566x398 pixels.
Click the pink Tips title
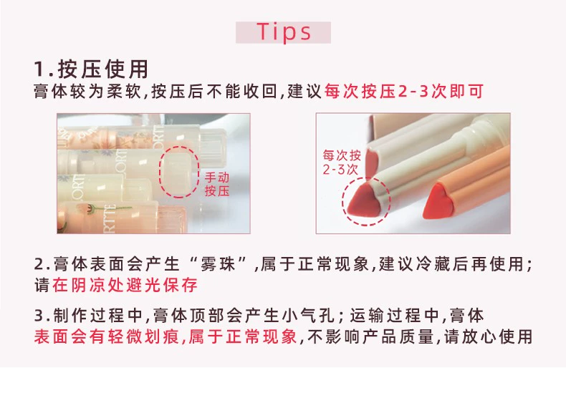click(x=284, y=31)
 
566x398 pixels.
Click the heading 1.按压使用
click(x=91, y=69)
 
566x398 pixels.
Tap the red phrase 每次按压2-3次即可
click(x=404, y=91)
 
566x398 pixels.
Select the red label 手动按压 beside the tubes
click(x=217, y=184)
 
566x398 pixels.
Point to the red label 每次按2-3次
click(x=342, y=162)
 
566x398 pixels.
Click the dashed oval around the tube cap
click(x=160, y=172)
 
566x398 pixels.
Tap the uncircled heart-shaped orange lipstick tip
click(x=438, y=201)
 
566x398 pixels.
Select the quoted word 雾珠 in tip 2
click(x=218, y=264)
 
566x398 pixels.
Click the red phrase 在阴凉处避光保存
click(x=125, y=285)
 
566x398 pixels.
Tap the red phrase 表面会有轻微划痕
click(x=107, y=336)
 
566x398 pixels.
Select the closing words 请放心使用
click(x=489, y=336)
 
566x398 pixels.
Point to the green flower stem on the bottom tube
click(x=111, y=208)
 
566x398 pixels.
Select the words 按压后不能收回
click(x=214, y=91)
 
